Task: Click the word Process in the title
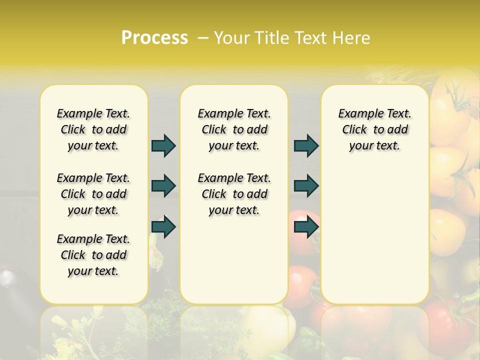[154, 38]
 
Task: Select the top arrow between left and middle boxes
[163, 145]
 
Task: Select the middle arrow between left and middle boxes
[163, 186]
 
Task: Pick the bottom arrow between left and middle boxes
[163, 227]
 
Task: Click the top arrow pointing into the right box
[306, 145]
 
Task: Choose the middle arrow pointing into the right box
[306, 186]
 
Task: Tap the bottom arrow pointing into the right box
[306, 227]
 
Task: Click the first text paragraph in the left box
[93, 129]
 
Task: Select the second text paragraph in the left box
[93, 194]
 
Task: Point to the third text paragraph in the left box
[93, 255]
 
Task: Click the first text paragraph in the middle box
[234, 129]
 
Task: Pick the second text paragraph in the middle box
[234, 194]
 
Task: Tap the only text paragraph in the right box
[374, 129]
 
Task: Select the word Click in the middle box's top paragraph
[214, 129]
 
